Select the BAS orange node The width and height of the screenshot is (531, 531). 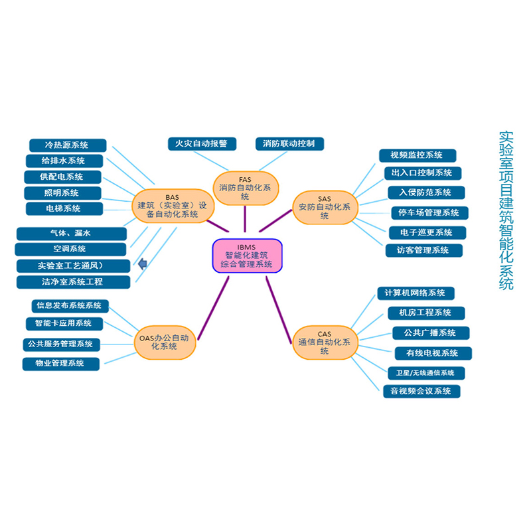click(172, 206)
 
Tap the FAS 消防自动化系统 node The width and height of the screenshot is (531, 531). click(246, 188)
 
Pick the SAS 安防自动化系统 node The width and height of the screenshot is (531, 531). click(324, 207)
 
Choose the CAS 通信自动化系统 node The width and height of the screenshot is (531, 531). click(324, 342)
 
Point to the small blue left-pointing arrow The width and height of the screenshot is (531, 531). click(142, 265)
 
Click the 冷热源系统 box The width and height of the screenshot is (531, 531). click(67, 145)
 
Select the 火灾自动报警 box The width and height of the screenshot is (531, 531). click(197, 143)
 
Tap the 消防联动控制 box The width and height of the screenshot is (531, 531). click(289, 143)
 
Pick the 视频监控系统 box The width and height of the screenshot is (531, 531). click(417, 155)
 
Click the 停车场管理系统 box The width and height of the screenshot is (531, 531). click(429, 213)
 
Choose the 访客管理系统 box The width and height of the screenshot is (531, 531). click(423, 250)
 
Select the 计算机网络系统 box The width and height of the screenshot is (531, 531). click(416, 293)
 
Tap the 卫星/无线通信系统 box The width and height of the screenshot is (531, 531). click(426, 372)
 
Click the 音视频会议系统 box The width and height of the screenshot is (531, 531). click(421, 391)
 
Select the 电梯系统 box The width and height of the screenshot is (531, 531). click(63, 208)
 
